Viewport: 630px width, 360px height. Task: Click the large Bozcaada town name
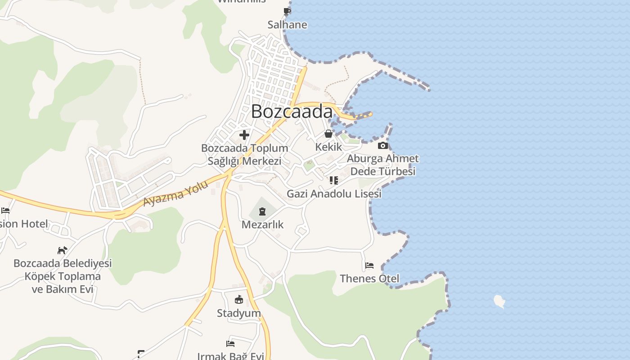point(292,111)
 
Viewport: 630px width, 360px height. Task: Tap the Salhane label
point(287,25)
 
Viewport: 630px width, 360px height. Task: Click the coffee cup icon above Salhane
point(287,11)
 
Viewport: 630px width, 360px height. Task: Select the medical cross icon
point(244,135)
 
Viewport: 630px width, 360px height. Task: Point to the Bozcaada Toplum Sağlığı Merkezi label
point(244,154)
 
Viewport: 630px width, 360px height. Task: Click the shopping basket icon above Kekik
point(328,134)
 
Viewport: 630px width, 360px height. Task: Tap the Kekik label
point(328,147)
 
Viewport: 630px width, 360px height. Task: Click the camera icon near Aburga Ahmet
point(382,145)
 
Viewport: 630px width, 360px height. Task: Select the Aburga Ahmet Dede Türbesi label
point(382,165)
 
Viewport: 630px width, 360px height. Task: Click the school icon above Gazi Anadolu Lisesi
point(333,180)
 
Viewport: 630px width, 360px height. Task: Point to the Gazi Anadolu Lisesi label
point(334,194)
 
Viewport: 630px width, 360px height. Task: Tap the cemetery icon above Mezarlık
point(262,211)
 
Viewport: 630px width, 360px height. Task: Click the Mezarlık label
point(262,224)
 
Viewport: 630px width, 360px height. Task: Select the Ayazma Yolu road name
point(176,193)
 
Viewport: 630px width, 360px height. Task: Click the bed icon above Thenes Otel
point(369,265)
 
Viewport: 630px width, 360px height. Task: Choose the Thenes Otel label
point(369,279)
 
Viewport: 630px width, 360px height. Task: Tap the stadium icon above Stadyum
point(238,300)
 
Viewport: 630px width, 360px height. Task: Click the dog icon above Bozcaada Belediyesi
point(62,250)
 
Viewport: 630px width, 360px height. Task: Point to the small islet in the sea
point(499,301)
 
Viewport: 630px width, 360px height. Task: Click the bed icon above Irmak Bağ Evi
point(230,344)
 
